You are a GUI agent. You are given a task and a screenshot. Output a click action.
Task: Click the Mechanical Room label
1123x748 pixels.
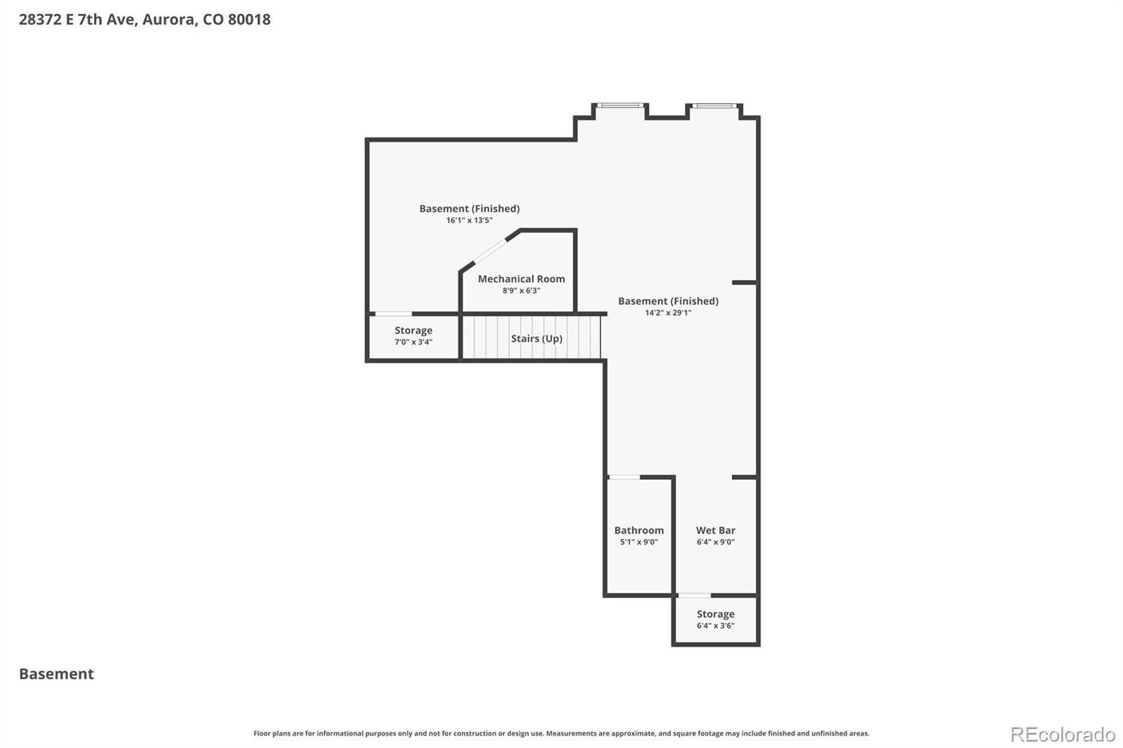pyautogui.click(x=521, y=279)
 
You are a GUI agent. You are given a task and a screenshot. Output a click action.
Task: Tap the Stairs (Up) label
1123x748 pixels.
pyautogui.click(x=536, y=338)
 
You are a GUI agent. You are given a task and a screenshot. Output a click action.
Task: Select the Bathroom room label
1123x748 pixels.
pyautogui.click(x=639, y=530)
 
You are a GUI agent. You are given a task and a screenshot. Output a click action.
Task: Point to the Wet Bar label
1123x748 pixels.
pyautogui.click(x=715, y=530)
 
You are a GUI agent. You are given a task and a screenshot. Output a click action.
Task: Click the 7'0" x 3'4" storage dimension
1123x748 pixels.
pyautogui.click(x=413, y=342)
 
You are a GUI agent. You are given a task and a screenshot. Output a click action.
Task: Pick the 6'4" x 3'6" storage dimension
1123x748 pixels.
pyautogui.click(x=715, y=625)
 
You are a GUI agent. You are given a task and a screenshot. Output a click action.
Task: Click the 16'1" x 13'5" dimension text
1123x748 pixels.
pyautogui.click(x=470, y=220)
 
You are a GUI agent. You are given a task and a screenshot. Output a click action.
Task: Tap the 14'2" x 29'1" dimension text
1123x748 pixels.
pyautogui.click(x=667, y=312)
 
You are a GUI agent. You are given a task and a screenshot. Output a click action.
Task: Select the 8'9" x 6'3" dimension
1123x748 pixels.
pyautogui.click(x=521, y=290)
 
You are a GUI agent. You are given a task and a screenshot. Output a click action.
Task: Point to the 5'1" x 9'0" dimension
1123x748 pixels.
pyautogui.click(x=639, y=542)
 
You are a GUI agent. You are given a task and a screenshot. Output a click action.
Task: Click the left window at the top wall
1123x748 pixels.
pyautogui.click(x=620, y=105)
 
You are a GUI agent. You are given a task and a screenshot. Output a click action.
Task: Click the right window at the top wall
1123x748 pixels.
pyautogui.click(x=715, y=105)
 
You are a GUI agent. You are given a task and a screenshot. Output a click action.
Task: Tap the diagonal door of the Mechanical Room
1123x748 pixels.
pyautogui.click(x=491, y=251)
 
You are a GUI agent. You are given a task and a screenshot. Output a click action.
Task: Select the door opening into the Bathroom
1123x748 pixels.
pyautogui.click(x=624, y=476)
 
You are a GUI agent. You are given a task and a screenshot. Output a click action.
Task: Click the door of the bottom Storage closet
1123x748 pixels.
pyautogui.click(x=694, y=595)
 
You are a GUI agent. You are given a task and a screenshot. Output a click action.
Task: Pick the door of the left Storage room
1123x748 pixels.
pyautogui.click(x=394, y=314)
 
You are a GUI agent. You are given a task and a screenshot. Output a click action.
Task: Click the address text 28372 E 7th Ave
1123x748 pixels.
pyautogui.click(x=78, y=20)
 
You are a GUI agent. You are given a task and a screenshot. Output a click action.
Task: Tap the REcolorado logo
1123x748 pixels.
pyautogui.click(x=1063, y=735)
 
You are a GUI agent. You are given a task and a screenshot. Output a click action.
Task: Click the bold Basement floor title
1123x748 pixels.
pyautogui.click(x=56, y=674)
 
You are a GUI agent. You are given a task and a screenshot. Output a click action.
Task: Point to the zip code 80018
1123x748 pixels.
pyautogui.click(x=249, y=20)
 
